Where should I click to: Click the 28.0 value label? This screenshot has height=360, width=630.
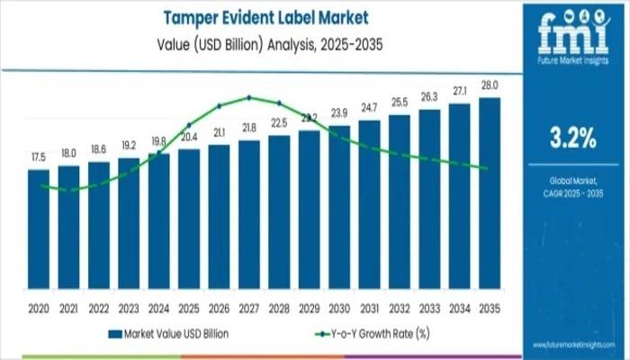(490, 86)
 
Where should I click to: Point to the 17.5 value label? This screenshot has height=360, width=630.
(39, 157)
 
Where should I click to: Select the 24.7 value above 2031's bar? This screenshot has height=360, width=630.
(369, 108)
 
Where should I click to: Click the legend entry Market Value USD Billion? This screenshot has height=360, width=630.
(171, 333)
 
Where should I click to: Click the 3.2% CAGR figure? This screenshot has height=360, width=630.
(572, 139)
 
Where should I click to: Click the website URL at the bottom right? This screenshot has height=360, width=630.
(572, 345)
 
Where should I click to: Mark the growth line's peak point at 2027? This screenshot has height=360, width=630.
(249, 97)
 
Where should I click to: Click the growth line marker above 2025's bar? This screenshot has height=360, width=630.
(189, 125)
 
